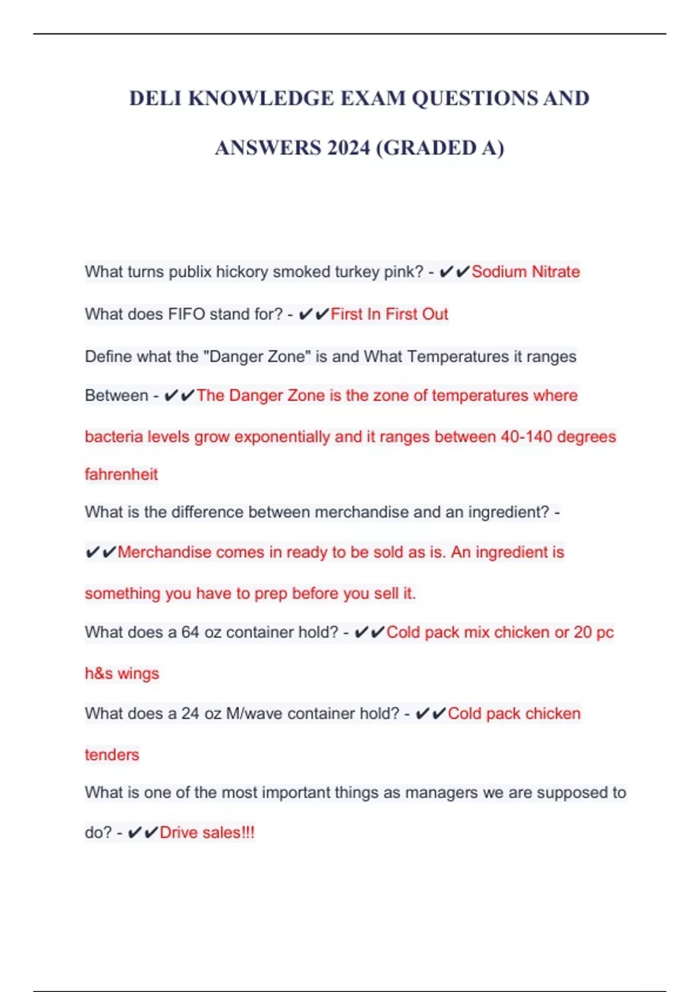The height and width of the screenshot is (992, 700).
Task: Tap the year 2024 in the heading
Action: pos(348,148)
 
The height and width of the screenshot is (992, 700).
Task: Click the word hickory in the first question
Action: pos(242,272)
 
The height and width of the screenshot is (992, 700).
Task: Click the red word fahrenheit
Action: pos(121,474)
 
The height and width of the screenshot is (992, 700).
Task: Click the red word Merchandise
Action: pos(164,552)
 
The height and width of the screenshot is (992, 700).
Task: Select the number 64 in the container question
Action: pos(190,632)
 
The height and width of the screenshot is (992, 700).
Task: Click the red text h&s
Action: pos(99,673)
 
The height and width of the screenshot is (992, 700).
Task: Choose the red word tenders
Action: pos(112,755)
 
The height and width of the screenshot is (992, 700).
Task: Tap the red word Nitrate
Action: pos(555,272)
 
